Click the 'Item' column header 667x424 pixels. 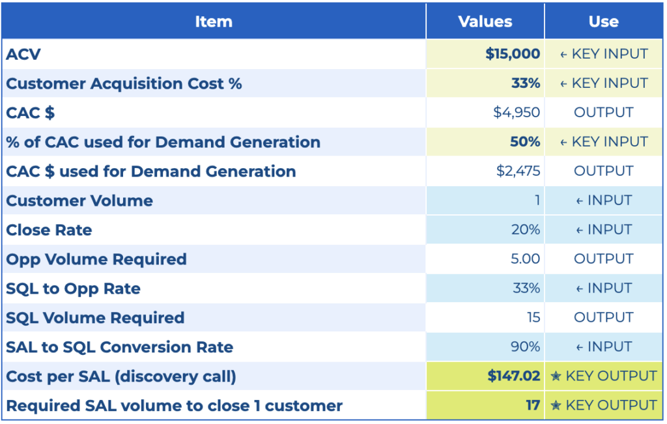213,21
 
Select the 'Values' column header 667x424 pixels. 485,21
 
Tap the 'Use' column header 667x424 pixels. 603,21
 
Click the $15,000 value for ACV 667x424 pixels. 513,54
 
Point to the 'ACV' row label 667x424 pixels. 23,54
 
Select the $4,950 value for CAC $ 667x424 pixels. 517,113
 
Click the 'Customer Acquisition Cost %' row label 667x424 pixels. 124,83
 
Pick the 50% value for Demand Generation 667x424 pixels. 525,142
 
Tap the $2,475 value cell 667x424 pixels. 518,171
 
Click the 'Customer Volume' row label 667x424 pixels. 79,201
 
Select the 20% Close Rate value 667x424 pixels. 526,230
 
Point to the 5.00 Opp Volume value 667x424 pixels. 525,259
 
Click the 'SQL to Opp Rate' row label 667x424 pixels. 73,289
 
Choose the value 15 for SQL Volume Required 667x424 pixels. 533,318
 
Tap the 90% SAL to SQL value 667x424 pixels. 525,347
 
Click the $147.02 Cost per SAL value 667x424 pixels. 514,376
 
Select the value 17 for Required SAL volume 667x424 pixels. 533,406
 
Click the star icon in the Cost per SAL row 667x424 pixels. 556,376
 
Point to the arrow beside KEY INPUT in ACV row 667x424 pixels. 563,55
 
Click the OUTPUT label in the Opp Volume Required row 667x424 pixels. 603,259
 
